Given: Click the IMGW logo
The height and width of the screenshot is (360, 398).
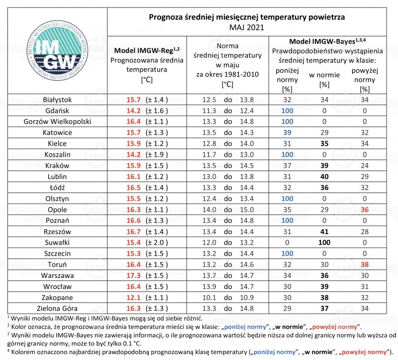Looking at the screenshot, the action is tap(57, 51).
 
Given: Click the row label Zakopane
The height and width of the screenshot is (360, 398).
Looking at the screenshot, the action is tap(57, 297).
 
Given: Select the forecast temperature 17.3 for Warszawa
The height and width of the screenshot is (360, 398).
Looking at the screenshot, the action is tap(133, 275).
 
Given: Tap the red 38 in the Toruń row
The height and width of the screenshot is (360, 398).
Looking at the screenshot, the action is tap(365, 265).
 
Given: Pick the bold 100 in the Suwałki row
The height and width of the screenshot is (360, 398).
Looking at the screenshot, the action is tap(324, 243).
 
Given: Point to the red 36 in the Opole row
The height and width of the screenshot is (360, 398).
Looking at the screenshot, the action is tap(365, 209).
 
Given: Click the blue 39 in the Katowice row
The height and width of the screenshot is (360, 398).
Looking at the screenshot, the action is tap(287, 132).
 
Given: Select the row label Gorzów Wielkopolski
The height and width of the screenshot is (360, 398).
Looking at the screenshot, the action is tap(57, 121).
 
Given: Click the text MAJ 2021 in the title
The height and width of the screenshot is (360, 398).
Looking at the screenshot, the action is tap(247, 27).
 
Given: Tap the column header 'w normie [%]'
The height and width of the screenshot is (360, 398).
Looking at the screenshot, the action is tap(324, 80).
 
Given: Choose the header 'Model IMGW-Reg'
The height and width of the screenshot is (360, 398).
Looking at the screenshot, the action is tap(147, 51).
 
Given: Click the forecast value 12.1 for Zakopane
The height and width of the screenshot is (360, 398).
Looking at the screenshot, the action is tap(133, 297).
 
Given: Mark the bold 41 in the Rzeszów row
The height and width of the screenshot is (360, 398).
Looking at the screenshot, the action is tap(324, 232).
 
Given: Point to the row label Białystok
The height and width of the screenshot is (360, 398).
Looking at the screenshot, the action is tap(57, 100).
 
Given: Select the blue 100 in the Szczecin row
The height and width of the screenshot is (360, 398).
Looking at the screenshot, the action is tap(287, 254).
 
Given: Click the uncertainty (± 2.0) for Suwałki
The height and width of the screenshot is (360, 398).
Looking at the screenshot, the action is tap(157, 243).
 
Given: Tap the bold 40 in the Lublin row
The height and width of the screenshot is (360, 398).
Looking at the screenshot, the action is tap(324, 177).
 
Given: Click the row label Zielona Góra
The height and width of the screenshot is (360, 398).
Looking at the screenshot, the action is tap(57, 308).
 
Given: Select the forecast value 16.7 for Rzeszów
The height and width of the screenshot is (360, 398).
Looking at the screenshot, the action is tap(133, 232).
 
